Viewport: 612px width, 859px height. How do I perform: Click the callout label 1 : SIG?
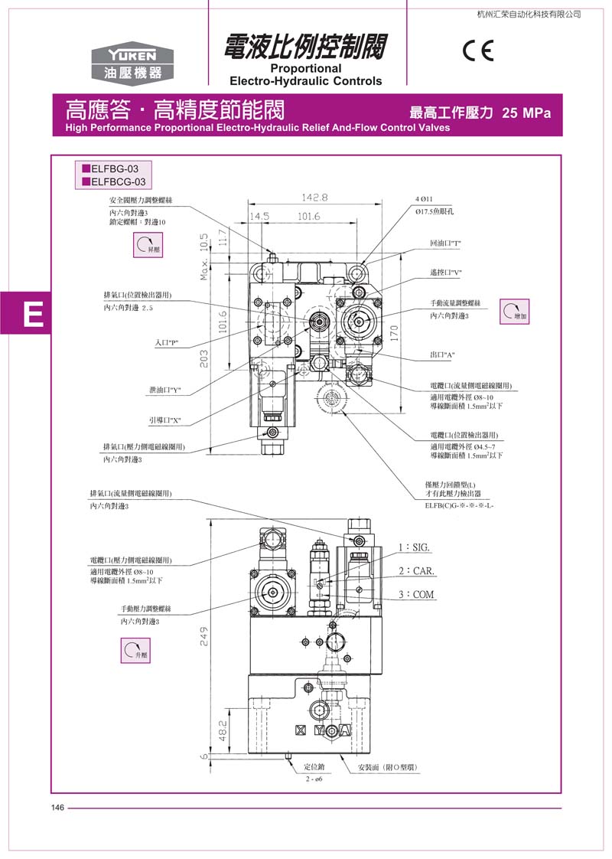coord(415,547)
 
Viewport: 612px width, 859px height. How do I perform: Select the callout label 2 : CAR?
coord(416,571)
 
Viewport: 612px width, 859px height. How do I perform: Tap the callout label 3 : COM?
coord(416,595)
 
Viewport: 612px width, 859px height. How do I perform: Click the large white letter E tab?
coord(32,314)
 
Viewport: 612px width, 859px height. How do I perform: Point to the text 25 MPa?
coord(526,113)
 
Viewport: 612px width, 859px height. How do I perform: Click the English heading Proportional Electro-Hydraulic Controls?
coord(305,75)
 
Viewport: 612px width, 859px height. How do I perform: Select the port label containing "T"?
coord(446,243)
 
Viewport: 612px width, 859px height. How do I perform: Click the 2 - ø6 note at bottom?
coord(314,779)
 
